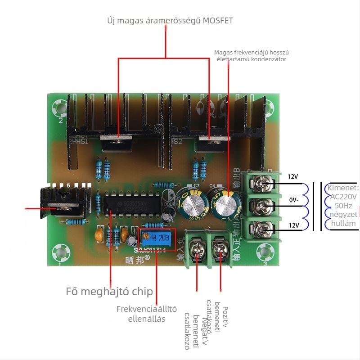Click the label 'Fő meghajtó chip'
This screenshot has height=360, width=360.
[x=109, y=291]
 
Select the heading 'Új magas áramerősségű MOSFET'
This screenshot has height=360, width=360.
[x=170, y=21]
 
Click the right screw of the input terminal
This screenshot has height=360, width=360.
[x=221, y=249]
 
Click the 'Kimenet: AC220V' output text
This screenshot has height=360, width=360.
[x=343, y=193]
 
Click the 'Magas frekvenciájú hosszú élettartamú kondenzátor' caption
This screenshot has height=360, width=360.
[x=250, y=55]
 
